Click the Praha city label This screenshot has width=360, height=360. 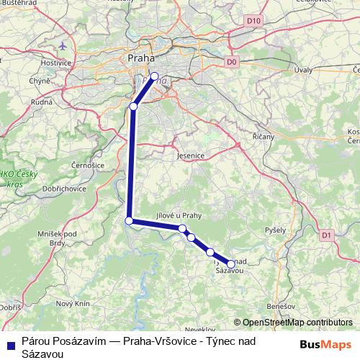[x=140, y=57]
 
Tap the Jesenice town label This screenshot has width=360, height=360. [x=191, y=156]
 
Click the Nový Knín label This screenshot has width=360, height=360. [x=73, y=304]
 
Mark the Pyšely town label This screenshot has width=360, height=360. [x=275, y=230]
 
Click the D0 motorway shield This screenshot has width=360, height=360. [x=231, y=62]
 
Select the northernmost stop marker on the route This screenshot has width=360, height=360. [x=154, y=76]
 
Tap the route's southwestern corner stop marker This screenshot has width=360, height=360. [x=129, y=221]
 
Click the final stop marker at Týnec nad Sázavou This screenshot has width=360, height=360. [x=231, y=264]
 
